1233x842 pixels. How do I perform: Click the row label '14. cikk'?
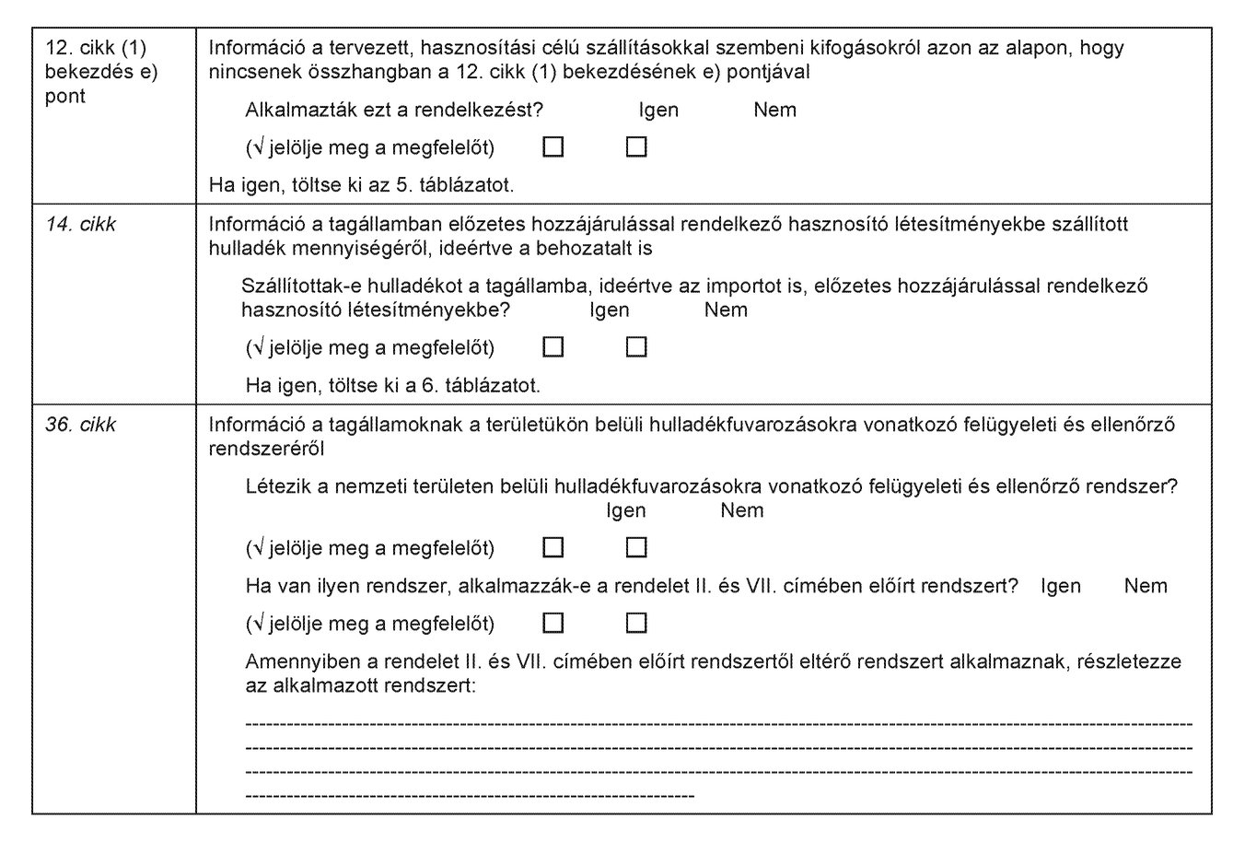point(81,224)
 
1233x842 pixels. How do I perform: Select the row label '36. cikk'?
point(81,425)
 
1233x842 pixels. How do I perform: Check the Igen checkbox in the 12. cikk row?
point(553,147)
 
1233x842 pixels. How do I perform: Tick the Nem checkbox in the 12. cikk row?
point(636,147)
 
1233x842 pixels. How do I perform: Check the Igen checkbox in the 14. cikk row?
point(553,347)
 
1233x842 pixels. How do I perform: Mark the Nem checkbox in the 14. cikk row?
point(636,347)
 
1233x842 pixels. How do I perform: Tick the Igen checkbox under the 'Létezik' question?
point(553,548)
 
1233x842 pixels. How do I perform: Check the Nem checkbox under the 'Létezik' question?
point(636,548)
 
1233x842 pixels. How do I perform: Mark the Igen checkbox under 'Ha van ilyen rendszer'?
point(553,624)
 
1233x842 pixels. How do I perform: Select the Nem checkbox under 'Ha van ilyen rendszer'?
point(636,624)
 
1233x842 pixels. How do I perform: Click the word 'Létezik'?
point(277,487)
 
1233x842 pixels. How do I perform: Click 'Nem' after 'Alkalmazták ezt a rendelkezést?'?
point(774,111)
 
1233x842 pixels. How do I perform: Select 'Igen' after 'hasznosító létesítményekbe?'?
point(610,310)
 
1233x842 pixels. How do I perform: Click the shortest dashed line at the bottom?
point(470,792)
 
